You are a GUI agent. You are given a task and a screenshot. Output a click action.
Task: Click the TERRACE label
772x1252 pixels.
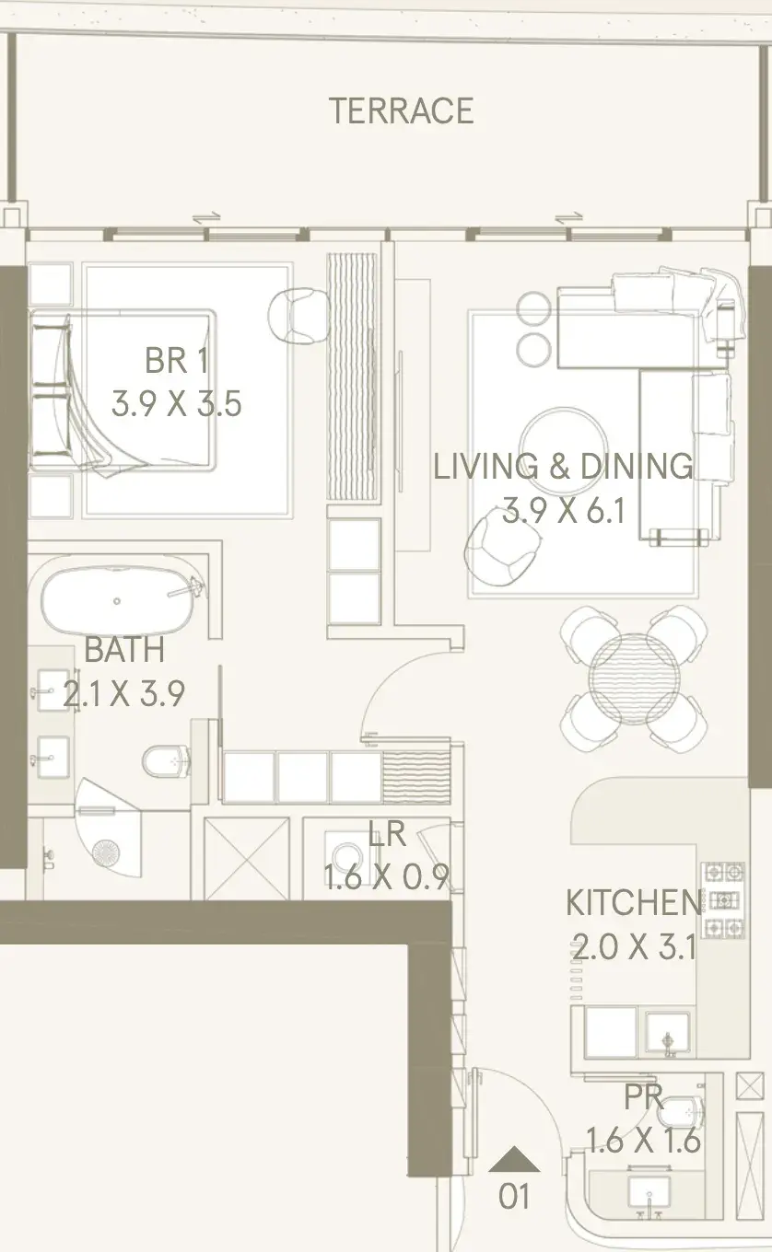click(x=401, y=110)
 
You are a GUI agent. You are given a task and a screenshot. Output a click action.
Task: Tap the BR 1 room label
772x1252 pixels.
click(x=177, y=361)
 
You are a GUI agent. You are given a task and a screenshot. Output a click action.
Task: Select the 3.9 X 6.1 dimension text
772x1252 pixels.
click(x=564, y=510)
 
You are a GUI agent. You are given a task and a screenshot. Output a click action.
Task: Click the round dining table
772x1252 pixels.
click(x=634, y=678)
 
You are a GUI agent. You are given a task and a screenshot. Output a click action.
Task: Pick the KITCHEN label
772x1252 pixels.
click(x=633, y=902)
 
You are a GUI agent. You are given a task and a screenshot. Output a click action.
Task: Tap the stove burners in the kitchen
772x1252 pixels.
click(x=723, y=900)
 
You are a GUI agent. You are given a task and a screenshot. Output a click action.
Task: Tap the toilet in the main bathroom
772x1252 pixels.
click(x=166, y=760)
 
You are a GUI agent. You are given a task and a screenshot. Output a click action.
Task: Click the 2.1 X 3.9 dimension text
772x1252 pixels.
click(x=123, y=693)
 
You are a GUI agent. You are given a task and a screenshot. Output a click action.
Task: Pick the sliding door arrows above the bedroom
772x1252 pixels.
click(x=206, y=218)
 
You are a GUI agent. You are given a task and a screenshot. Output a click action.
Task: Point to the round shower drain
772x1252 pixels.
click(x=106, y=852)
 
